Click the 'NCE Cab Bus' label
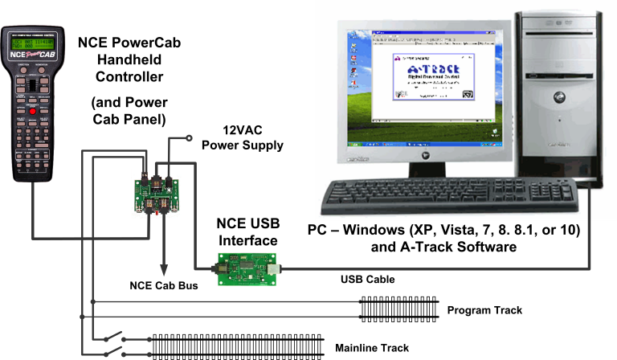(x=164, y=285)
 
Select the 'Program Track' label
(x=484, y=310)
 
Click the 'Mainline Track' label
(x=372, y=348)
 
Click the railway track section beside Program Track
(x=397, y=309)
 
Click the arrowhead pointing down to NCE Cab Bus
(x=165, y=270)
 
